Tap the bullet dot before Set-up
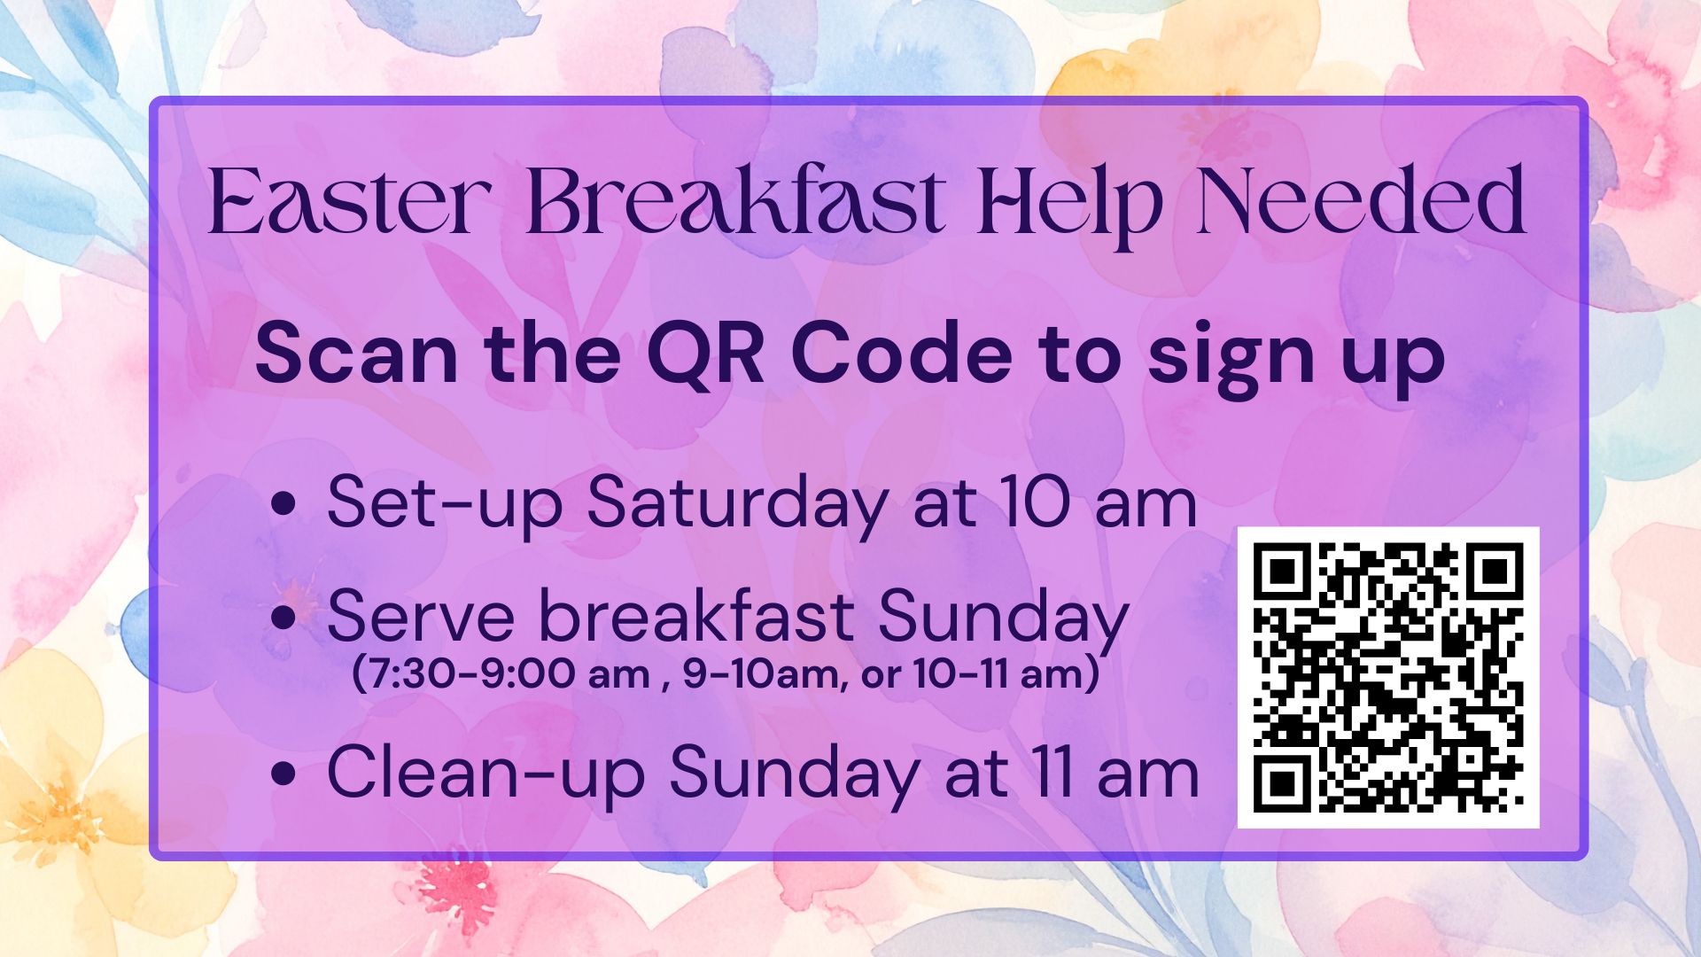point(283,506)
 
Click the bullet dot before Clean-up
point(283,774)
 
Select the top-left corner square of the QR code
point(1281,572)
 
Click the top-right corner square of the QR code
point(1495,572)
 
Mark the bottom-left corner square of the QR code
point(1281,784)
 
